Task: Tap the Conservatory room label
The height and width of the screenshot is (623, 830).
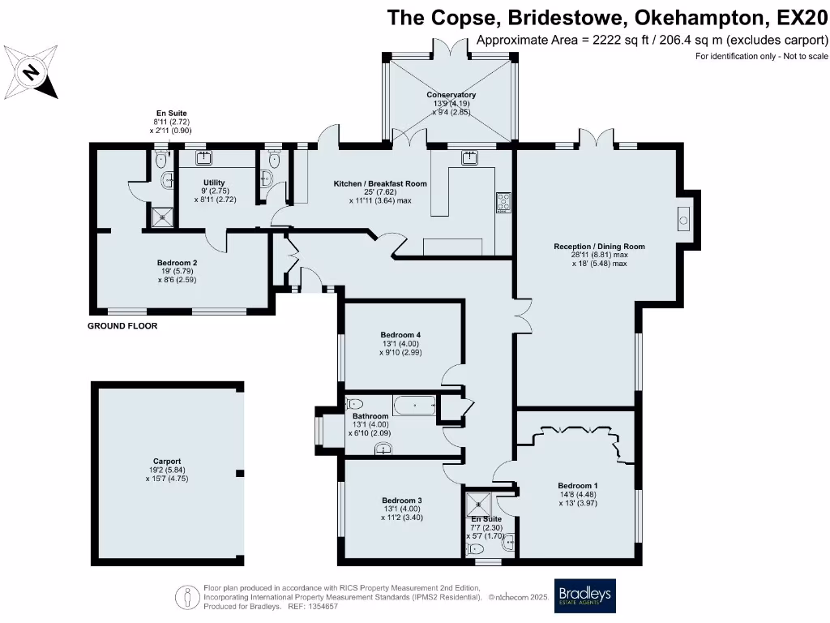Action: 451,95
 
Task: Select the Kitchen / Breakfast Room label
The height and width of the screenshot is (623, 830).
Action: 380,184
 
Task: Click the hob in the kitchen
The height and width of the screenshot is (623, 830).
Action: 503,201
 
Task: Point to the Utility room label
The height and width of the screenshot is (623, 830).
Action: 214,183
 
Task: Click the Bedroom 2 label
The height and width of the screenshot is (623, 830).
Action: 178,263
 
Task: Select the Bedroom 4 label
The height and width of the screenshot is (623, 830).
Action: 400,334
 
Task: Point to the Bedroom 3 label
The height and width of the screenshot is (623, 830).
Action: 402,500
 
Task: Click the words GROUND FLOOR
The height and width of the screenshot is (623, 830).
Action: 122,326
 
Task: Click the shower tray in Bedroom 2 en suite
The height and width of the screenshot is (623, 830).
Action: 159,215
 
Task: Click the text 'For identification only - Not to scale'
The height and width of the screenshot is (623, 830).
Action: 761,56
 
